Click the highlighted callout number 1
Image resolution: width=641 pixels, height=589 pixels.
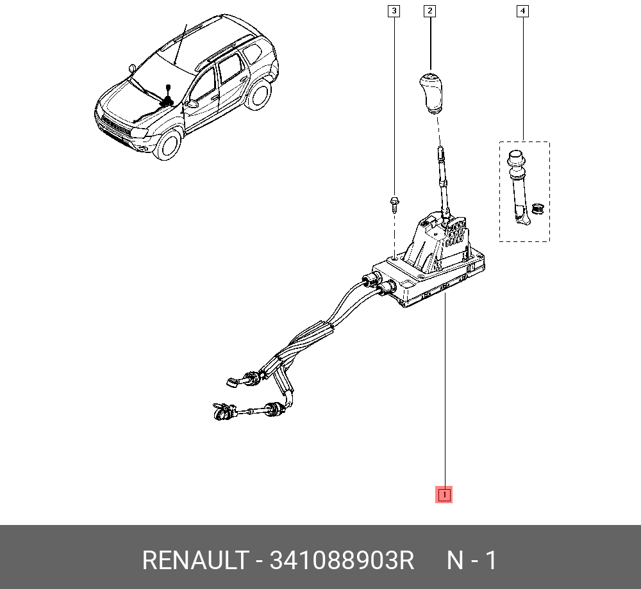coord(444,494)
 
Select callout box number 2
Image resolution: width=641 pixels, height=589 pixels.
coord(429,11)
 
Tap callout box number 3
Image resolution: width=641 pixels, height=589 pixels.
coord(394,11)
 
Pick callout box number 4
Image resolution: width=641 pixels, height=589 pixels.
coord(523,11)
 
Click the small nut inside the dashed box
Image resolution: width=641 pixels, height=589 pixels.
coord(538,207)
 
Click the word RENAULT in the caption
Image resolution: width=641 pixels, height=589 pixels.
coord(194,561)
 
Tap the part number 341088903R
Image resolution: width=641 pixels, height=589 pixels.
coord(342,561)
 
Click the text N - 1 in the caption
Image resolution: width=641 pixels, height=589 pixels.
coord(471,561)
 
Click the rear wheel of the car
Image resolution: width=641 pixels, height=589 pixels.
coord(259,93)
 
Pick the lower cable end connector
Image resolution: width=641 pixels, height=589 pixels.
coord(220,412)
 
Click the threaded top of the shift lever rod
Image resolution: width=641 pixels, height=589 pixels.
coord(440,154)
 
